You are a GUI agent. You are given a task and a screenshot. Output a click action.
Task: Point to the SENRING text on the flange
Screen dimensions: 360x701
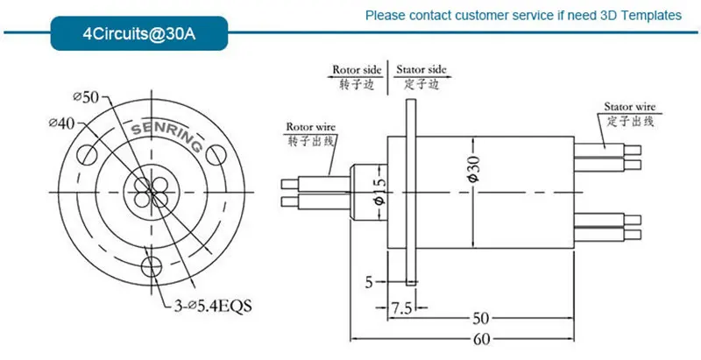click(x=166, y=137)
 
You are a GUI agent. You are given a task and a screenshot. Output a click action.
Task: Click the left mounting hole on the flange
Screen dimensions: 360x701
click(x=88, y=157)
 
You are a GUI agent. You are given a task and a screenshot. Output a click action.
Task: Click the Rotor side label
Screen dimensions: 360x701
click(x=358, y=70)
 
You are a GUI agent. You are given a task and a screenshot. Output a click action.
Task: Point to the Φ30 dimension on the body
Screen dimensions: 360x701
click(x=473, y=166)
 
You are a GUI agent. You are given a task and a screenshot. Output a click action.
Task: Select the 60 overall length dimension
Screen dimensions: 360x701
click(x=481, y=338)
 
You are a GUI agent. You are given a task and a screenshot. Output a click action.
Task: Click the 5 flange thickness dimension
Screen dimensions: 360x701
click(x=371, y=282)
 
